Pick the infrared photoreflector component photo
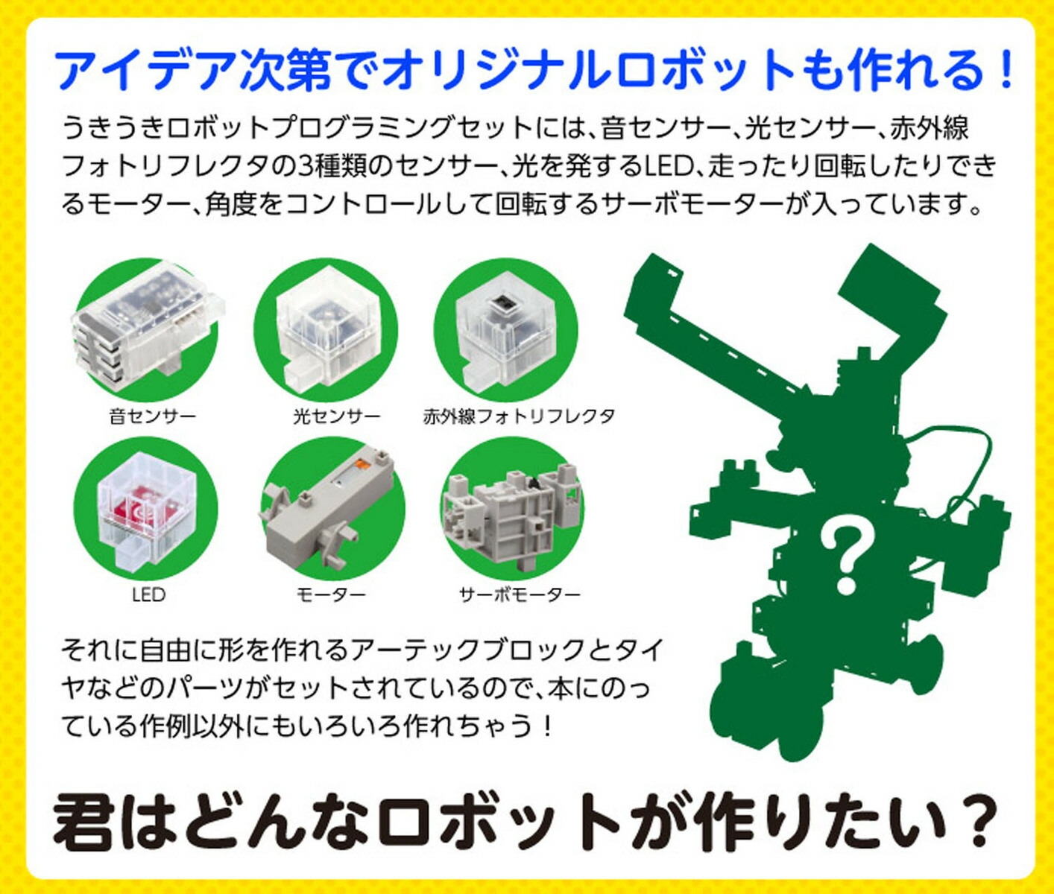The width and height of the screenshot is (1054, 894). pyautogui.click(x=505, y=328)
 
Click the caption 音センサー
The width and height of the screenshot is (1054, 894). pyautogui.click(x=152, y=416)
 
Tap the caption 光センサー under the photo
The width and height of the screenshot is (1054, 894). pyautogui.click(x=335, y=416)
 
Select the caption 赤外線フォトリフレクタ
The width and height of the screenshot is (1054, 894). pyautogui.click(x=519, y=416)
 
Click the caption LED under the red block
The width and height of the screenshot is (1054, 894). pyautogui.click(x=148, y=595)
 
